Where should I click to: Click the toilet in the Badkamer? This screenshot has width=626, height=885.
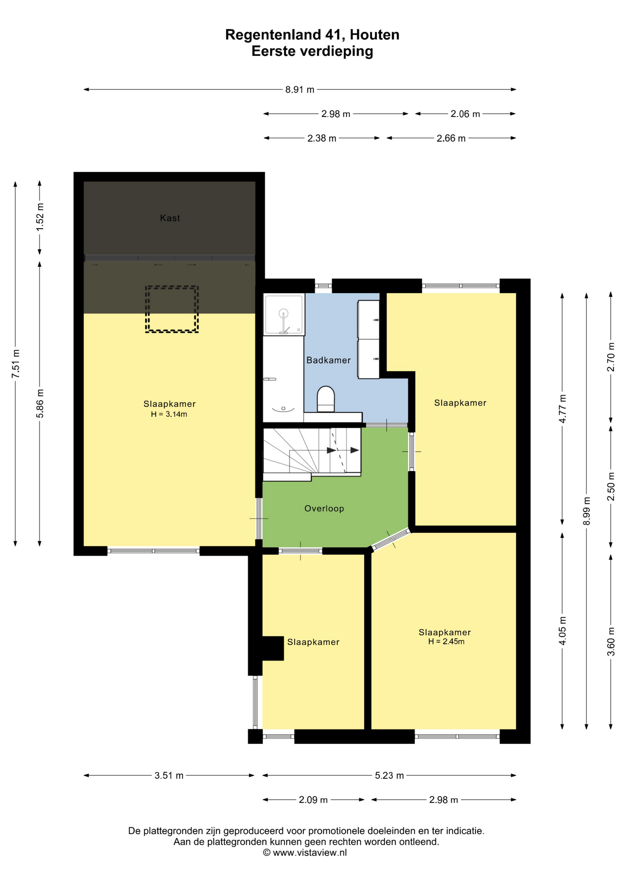click(x=326, y=399)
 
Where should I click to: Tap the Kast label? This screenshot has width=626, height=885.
click(x=170, y=218)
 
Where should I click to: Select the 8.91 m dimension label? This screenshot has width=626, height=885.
click(x=300, y=89)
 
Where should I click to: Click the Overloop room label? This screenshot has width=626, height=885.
click(x=324, y=508)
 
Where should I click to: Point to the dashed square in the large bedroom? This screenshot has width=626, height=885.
click(x=172, y=309)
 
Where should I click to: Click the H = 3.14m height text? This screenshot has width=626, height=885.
click(x=169, y=414)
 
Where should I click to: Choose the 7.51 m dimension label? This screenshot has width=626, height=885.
click(x=16, y=364)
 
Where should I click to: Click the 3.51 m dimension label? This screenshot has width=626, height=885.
click(x=169, y=776)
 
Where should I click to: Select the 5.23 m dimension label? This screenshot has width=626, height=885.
click(x=390, y=776)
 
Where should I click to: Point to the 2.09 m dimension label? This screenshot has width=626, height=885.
click(x=313, y=800)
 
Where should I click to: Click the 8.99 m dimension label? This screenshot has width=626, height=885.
click(x=587, y=511)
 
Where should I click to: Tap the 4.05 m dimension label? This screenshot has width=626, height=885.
click(x=562, y=631)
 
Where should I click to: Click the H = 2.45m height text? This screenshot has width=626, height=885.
click(x=446, y=642)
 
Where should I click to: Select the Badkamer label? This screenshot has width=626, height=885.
click(x=329, y=360)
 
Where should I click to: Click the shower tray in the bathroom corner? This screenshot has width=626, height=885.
click(x=284, y=314)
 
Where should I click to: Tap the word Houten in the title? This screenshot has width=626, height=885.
click(x=374, y=35)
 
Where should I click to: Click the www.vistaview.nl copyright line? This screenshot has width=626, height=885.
click(x=305, y=853)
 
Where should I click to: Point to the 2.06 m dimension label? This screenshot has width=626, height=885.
click(x=465, y=114)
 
